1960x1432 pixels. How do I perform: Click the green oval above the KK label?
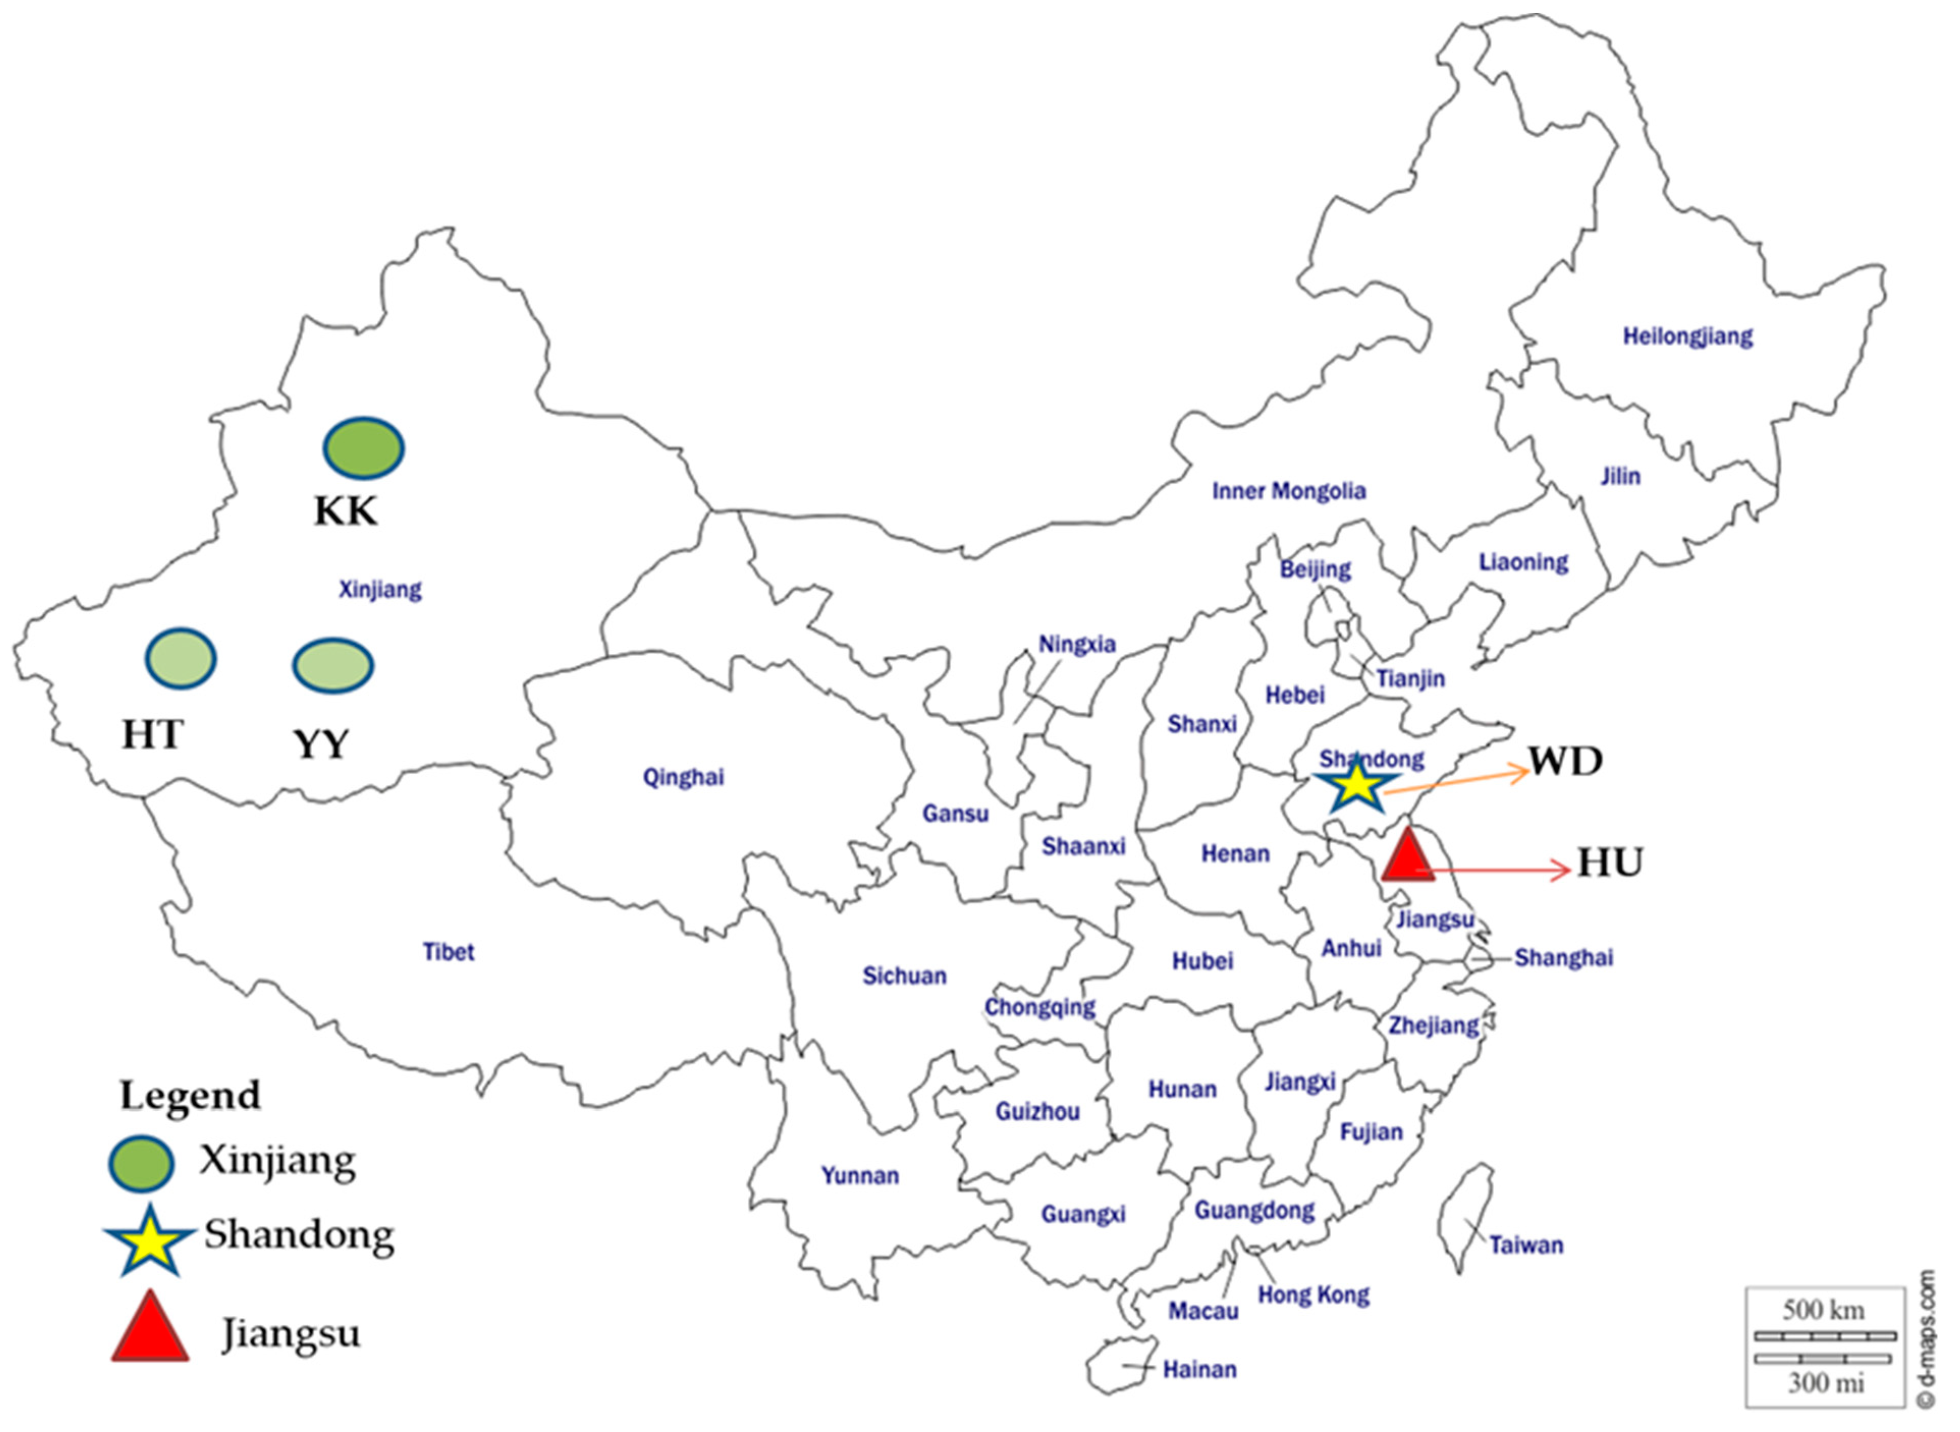click(363, 448)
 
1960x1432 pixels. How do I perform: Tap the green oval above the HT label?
click(180, 659)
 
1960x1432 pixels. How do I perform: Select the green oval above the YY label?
click(333, 666)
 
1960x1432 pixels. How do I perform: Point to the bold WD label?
click(1565, 761)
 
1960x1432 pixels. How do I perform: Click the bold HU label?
click(1610, 863)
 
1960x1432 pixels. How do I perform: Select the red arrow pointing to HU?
click(1495, 869)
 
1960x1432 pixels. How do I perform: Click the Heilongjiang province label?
click(1687, 336)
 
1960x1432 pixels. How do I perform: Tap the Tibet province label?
click(448, 952)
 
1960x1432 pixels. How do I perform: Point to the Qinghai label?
click(683, 777)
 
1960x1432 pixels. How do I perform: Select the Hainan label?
click(1199, 1369)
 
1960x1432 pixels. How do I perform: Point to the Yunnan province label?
click(860, 1175)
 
